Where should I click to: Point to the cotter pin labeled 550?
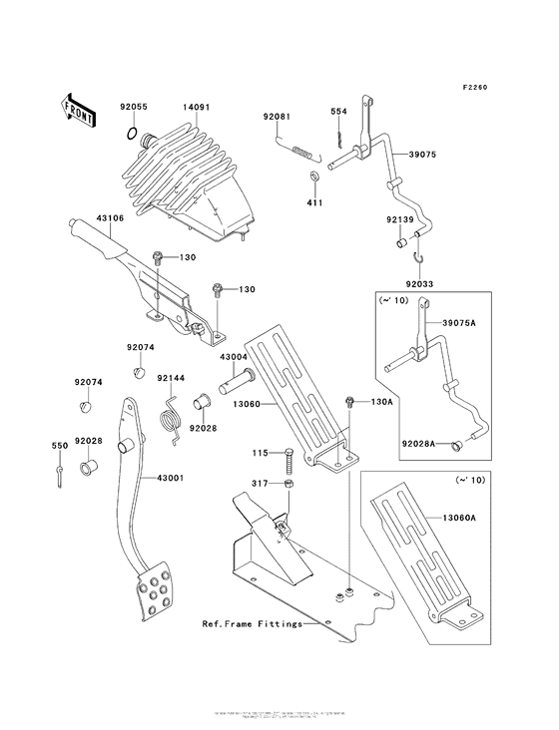tap(63, 469)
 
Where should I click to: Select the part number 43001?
tap(169, 478)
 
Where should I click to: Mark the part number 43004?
tap(234, 356)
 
